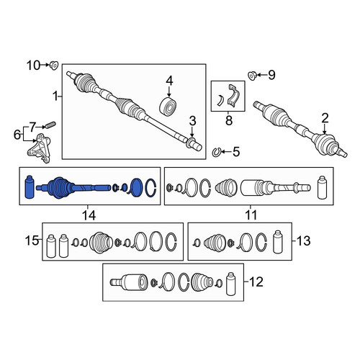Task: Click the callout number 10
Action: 33,66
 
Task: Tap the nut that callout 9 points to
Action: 253,76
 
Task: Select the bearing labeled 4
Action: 168,106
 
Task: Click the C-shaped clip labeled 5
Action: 216,152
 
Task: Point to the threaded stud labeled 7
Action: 50,125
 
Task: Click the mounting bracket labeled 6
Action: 40,148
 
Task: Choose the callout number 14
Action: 89,215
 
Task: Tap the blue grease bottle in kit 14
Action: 30,187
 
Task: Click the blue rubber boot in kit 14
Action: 59,188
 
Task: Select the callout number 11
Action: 251,215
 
